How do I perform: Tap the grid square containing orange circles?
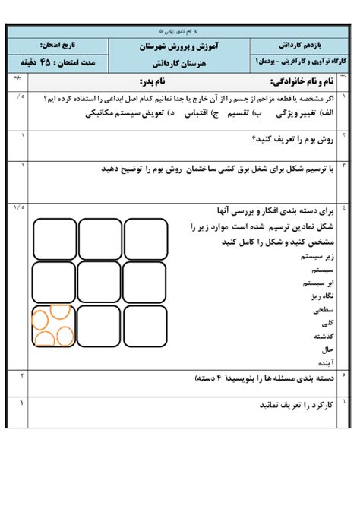pyautogui.click(x=54, y=326)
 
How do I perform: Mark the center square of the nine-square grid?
pyautogui.click(x=100, y=283)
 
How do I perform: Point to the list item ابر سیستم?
pyautogui.click(x=314, y=283)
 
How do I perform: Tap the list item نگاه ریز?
pyautogui.click(x=318, y=296)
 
